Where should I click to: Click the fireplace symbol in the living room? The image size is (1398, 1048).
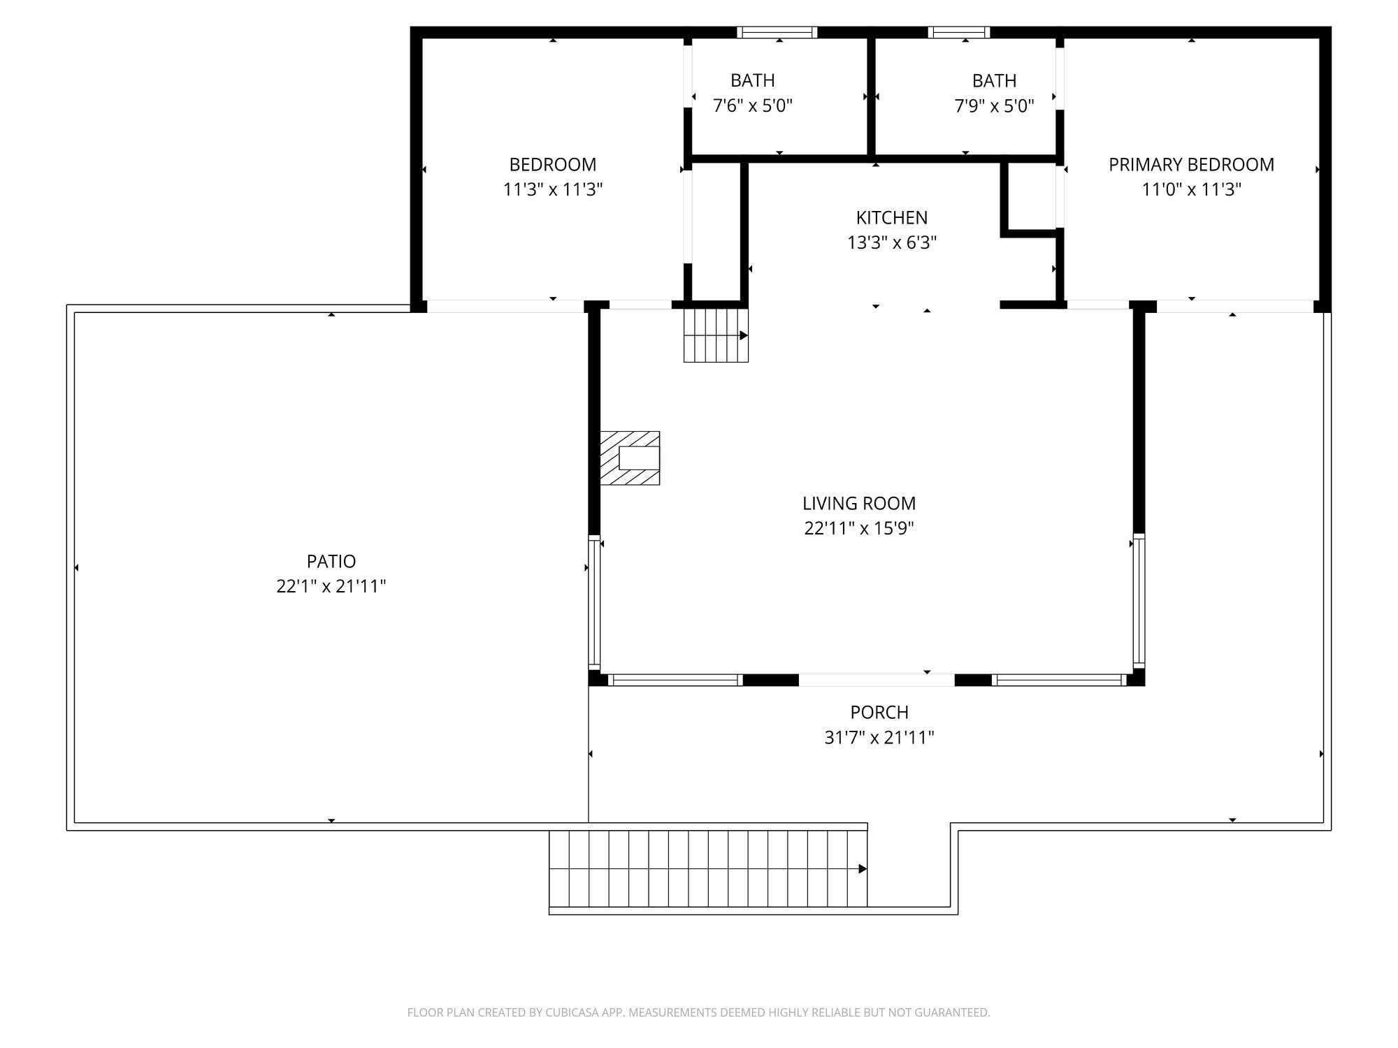click(630, 458)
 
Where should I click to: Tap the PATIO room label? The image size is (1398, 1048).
click(331, 561)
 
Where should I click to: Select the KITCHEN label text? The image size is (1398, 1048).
click(892, 218)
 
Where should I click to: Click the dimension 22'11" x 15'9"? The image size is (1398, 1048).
click(859, 528)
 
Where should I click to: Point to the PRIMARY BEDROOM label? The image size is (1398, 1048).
click(1191, 165)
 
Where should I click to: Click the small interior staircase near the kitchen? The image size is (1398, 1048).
click(716, 335)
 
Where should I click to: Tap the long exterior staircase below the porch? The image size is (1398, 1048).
click(707, 868)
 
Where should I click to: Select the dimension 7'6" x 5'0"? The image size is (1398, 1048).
click(752, 106)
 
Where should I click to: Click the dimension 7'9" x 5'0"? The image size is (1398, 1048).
click(994, 106)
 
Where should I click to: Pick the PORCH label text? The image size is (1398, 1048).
click(879, 713)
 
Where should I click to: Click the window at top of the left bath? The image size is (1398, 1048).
click(777, 32)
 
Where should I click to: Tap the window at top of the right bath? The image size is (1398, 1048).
click(959, 32)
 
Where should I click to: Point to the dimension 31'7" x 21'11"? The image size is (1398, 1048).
click(879, 738)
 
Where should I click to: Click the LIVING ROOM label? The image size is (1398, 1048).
click(859, 503)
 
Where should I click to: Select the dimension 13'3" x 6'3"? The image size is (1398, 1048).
click(892, 243)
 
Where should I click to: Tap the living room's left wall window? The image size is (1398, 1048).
click(594, 601)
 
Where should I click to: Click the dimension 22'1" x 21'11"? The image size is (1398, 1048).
click(331, 586)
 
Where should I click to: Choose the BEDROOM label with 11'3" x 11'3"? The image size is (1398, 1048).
click(552, 165)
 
